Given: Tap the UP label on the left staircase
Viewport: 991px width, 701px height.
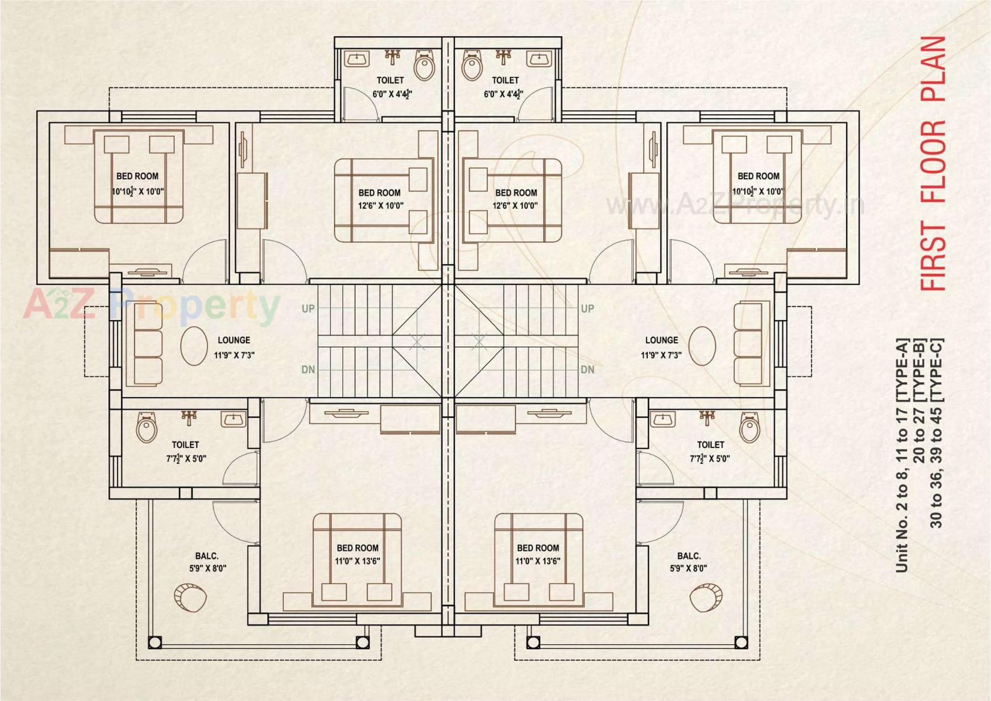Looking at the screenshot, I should click(x=308, y=309).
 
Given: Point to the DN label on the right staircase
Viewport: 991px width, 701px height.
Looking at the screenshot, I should click(x=587, y=370).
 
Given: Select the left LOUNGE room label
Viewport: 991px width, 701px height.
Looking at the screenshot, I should click(x=234, y=340).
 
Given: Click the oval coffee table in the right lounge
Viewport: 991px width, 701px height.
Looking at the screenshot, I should click(x=702, y=346).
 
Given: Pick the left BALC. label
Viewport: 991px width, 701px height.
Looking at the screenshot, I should click(x=206, y=556).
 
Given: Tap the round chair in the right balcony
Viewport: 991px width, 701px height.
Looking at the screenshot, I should click(x=706, y=598).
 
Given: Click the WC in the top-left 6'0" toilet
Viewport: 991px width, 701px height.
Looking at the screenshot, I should click(x=424, y=65).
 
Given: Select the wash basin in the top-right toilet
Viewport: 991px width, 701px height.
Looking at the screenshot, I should click(x=539, y=59).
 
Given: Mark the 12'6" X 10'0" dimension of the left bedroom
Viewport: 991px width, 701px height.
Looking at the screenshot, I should click(x=380, y=206).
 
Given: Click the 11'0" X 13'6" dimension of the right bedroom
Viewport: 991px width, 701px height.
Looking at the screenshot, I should click(x=537, y=561).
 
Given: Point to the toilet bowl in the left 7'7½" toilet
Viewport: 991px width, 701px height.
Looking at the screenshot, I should click(x=147, y=428).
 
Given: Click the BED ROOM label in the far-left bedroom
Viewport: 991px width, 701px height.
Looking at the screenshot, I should click(x=137, y=176).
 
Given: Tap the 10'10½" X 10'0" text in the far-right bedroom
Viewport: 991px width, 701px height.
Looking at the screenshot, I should click(x=758, y=192).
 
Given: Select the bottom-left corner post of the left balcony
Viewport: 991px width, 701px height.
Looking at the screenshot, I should click(x=155, y=643).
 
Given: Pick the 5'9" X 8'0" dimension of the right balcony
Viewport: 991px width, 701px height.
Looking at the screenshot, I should click(x=688, y=569).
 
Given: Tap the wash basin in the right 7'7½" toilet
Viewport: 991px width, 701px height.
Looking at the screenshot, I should click(x=662, y=419).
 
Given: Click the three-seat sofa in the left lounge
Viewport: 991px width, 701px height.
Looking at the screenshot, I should click(x=147, y=345).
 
